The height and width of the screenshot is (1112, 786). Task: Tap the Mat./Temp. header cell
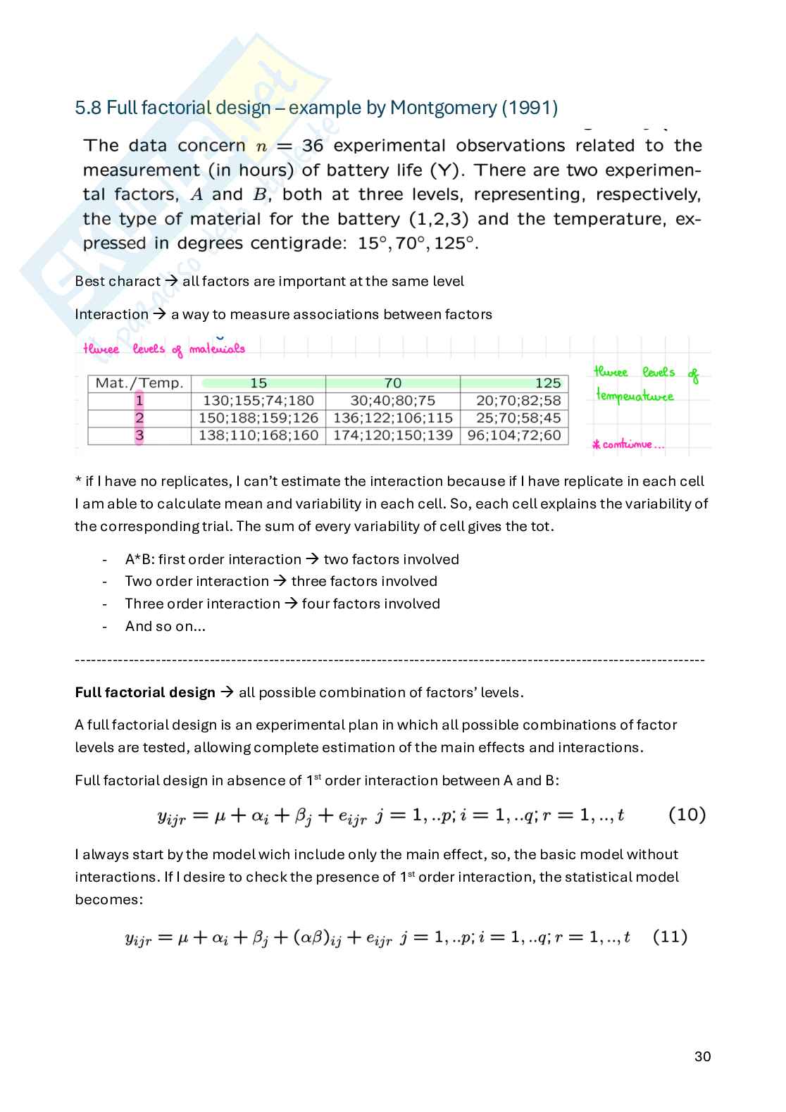coord(139,383)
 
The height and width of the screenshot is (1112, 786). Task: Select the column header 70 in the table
coord(392,383)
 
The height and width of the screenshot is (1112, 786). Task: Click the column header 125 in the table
coord(547,383)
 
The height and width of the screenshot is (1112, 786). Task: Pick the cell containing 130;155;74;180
coord(258,401)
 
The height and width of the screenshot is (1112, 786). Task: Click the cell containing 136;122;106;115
coord(392,418)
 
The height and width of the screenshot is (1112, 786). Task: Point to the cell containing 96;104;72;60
coord(513,435)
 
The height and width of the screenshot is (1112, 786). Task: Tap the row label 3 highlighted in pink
coord(139,435)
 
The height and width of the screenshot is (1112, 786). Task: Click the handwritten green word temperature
coord(635,396)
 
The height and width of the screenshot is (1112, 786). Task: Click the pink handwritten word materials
coord(217,349)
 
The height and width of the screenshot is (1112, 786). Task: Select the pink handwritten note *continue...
coord(628,444)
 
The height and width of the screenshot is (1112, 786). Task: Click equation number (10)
coord(687,815)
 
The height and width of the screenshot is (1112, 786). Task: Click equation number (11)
coord(670,937)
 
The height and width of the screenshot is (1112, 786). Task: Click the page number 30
coord(702,1056)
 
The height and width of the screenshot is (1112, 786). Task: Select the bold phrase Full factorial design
coord(145,692)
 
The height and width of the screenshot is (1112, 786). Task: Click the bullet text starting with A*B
coord(292,559)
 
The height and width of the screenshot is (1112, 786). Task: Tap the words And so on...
coord(165,626)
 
